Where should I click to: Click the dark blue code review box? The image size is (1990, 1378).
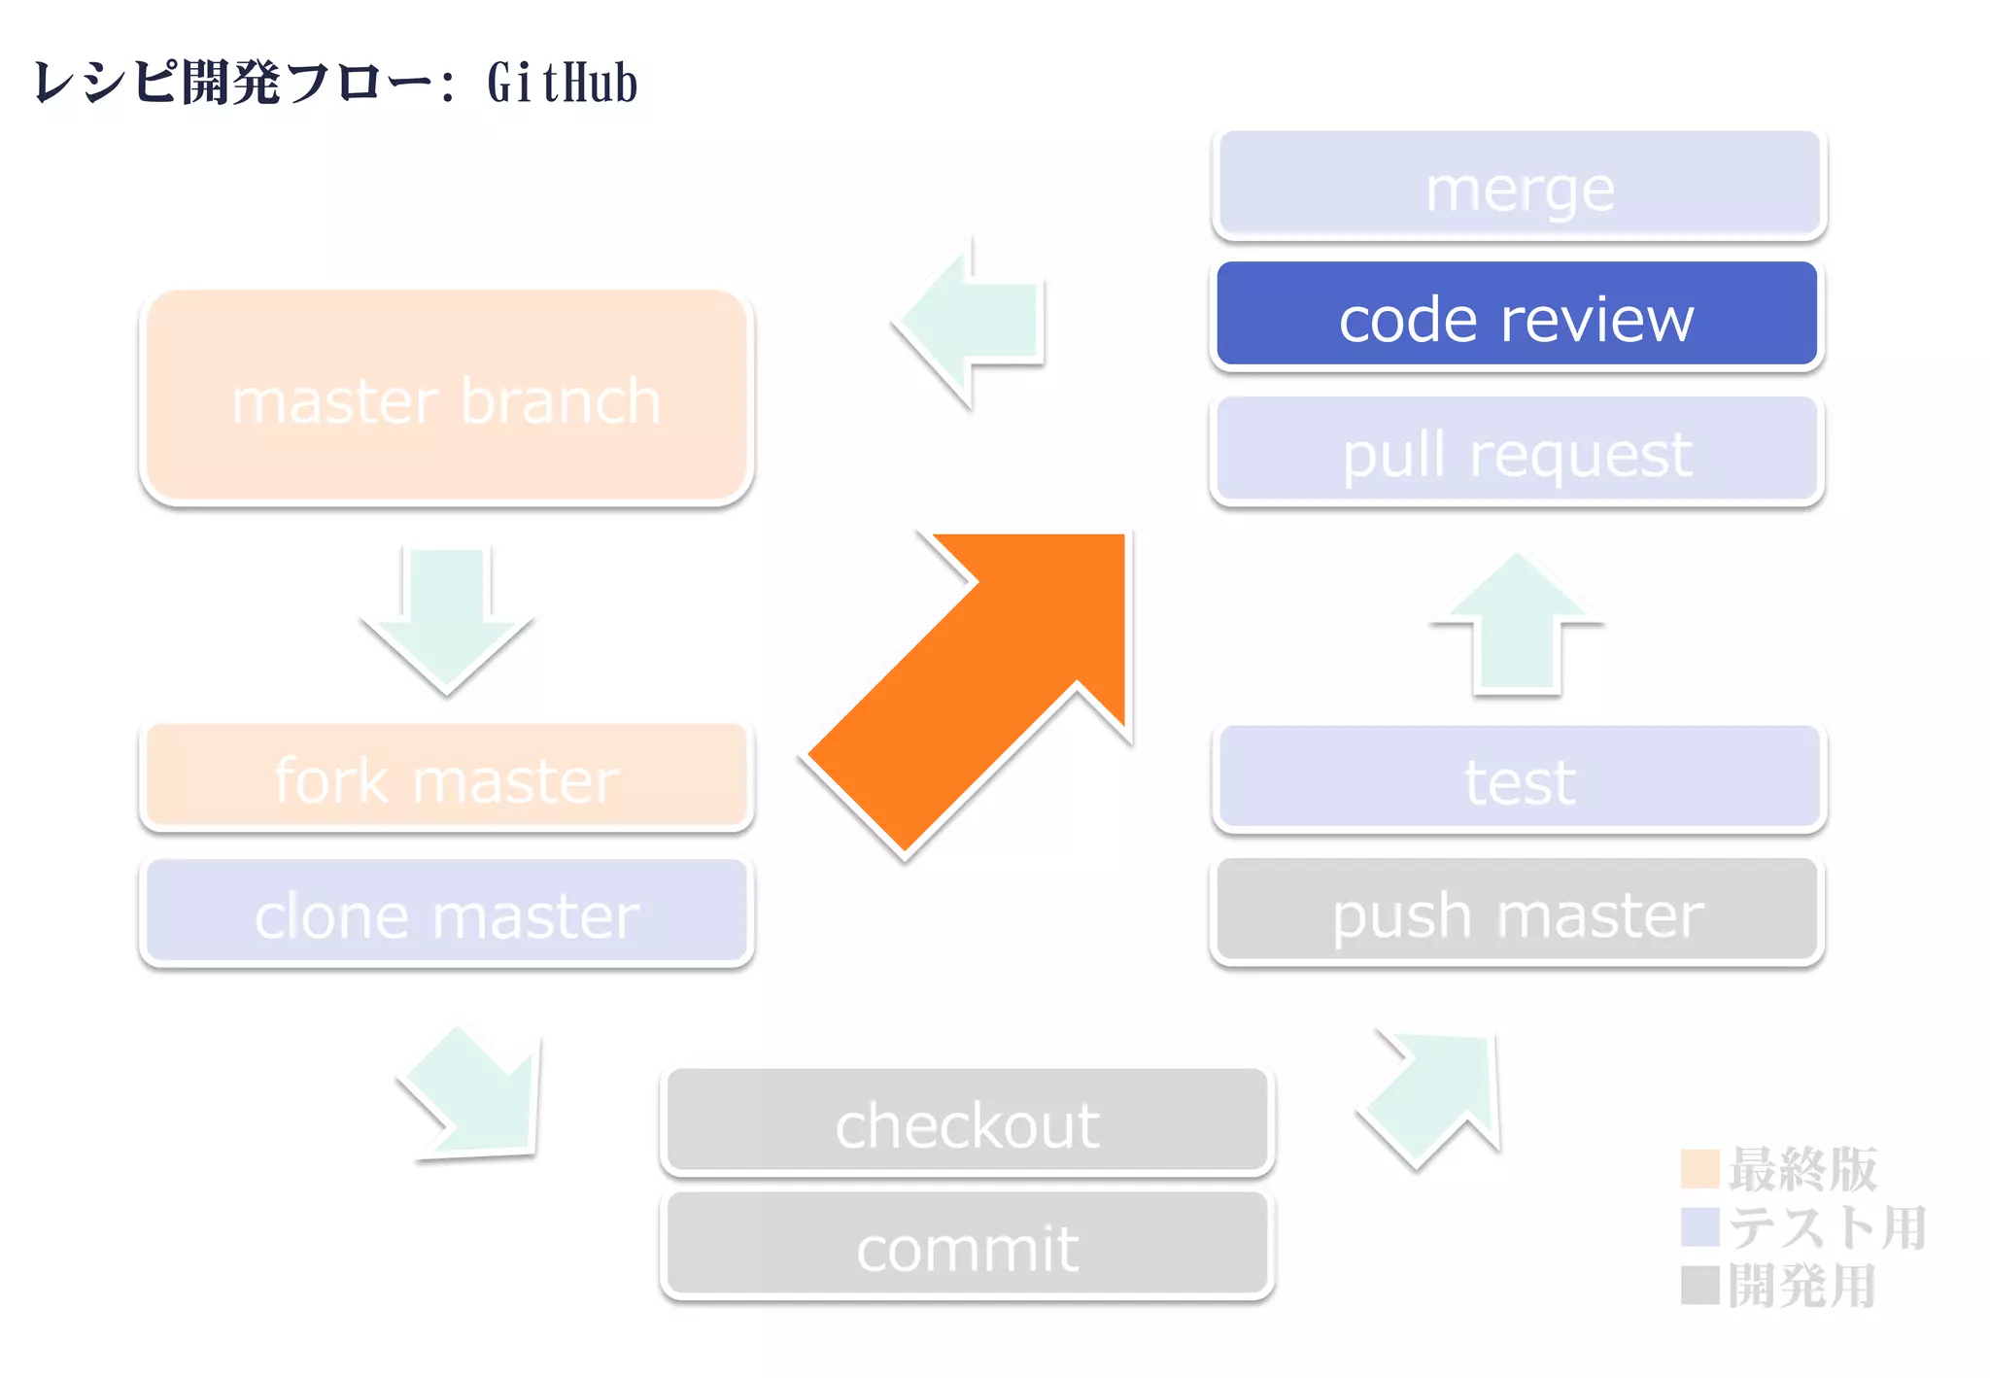pos(1516,315)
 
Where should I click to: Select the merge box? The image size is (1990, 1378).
pos(1519,185)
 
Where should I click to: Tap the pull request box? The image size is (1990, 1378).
pos(1516,451)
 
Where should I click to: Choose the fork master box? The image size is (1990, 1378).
pos(447,777)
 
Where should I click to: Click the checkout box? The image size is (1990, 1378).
pos(967,1121)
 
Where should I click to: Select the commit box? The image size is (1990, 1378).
pos(967,1246)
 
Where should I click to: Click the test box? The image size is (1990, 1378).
pos(1519,777)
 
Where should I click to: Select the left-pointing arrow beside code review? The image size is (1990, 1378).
pos(972,321)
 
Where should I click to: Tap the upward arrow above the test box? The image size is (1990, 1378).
pos(1516,627)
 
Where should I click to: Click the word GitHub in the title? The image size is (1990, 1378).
pos(562,83)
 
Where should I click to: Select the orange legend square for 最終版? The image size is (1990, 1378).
pos(1699,1168)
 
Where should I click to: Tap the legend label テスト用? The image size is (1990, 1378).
pos(1827,1226)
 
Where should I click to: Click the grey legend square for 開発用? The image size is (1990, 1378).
pos(1699,1285)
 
